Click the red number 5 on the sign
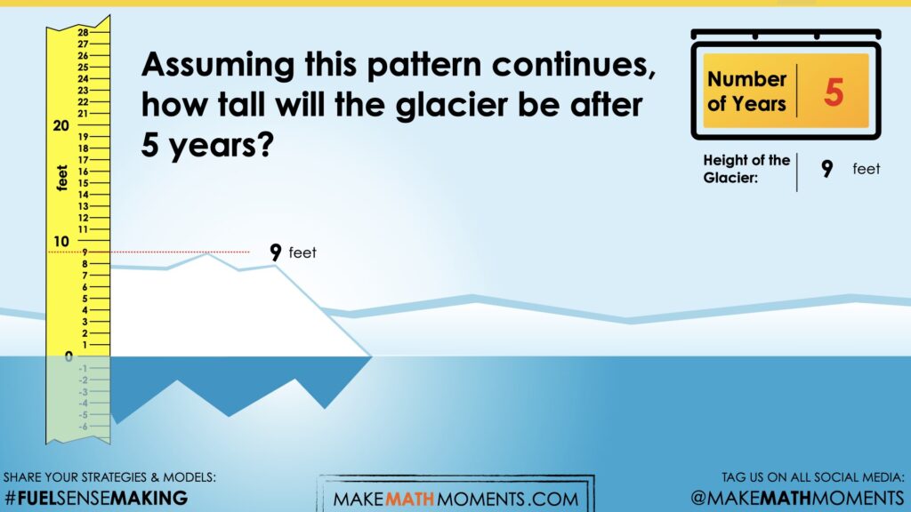834,92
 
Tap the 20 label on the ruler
61,125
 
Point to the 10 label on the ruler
61,241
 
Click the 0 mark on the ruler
69,356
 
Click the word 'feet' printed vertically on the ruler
62,178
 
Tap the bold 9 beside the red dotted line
276,252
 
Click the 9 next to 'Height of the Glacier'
826,168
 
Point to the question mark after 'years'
264,144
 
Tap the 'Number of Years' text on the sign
747,92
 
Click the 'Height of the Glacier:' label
746,169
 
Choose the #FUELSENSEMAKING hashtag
96,498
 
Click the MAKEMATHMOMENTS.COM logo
456,499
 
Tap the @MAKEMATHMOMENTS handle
798,498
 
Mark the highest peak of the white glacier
206,254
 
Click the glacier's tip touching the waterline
371,356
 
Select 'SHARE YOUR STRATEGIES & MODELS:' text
109,477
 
